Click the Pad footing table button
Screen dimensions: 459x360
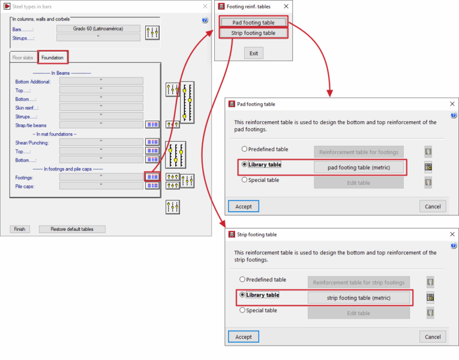[x=253, y=22]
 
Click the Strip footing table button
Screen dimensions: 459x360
[x=253, y=33]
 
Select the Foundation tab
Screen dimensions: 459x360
[x=52, y=58]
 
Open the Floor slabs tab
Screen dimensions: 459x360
[x=23, y=58]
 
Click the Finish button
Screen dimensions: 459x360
[x=20, y=229]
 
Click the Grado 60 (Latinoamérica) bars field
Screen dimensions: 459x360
[x=98, y=29]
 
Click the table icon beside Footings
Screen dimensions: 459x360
[x=152, y=177]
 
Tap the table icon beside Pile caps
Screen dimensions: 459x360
[x=152, y=185]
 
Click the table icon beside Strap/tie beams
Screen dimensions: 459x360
[x=152, y=125]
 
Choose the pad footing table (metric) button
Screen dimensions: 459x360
[x=359, y=167]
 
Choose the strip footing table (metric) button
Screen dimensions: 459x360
[x=359, y=298]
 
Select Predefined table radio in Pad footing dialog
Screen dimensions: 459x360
[x=244, y=149]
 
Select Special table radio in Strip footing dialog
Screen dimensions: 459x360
[x=242, y=310]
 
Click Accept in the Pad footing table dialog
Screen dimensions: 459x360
[x=244, y=206]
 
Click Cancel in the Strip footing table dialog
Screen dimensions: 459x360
[x=433, y=337]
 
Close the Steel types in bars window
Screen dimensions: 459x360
[x=205, y=6]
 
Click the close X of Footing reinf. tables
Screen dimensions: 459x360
[x=286, y=6]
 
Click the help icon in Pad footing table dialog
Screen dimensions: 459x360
[x=454, y=115]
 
